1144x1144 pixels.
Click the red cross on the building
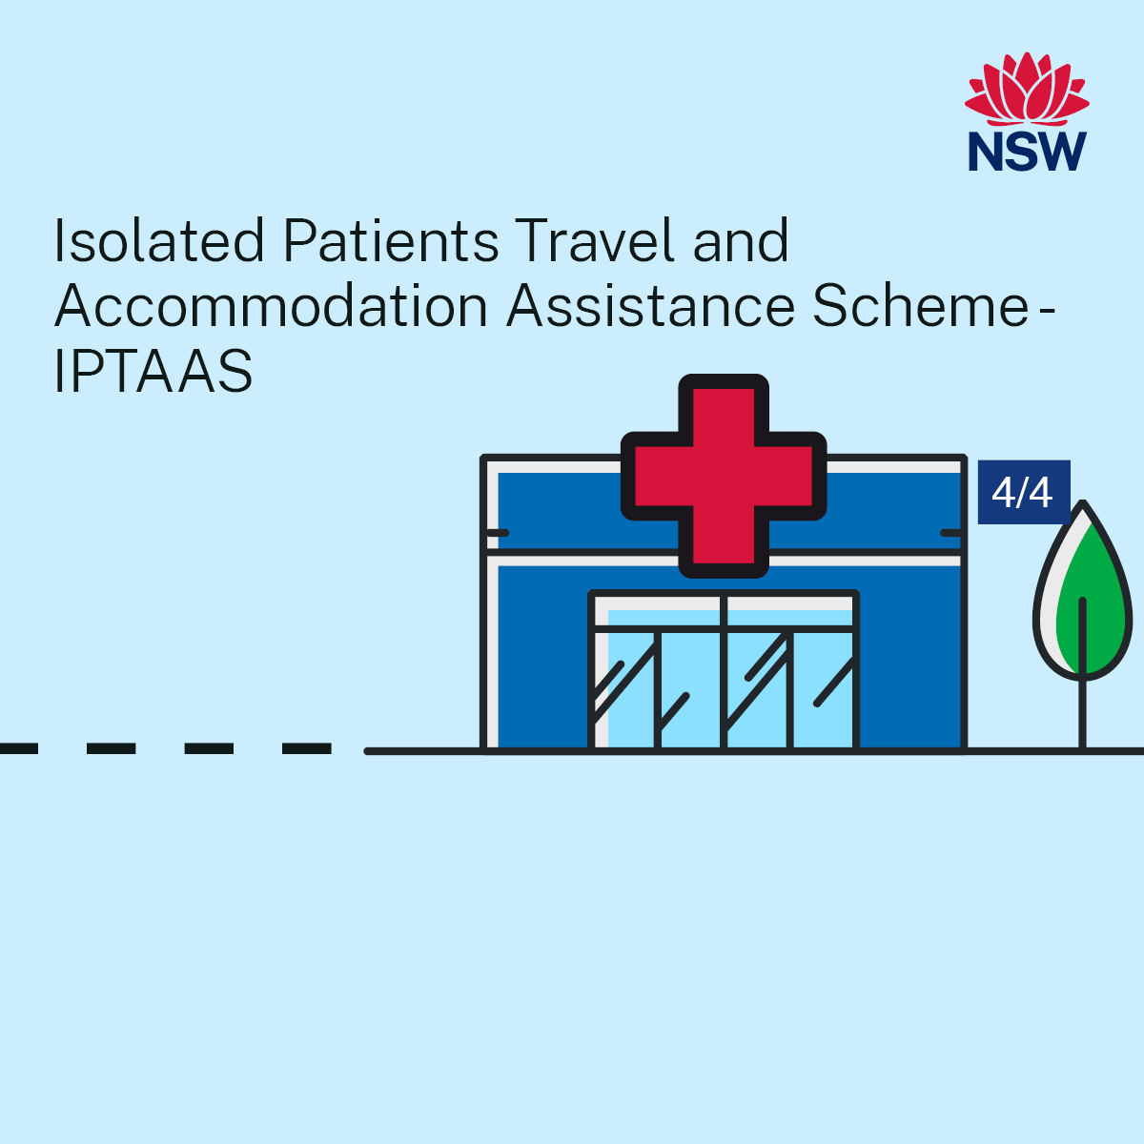[x=724, y=476]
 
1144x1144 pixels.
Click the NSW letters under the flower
[x=1027, y=151]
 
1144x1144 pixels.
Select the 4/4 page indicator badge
[x=1023, y=492]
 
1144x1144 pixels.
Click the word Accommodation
[x=272, y=306]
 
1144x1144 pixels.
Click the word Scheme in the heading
[x=919, y=306]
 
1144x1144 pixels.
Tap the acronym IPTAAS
[x=153, y=371]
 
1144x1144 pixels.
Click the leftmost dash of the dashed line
[x=18, y=749]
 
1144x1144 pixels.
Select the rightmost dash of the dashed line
[x=307, y=749]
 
